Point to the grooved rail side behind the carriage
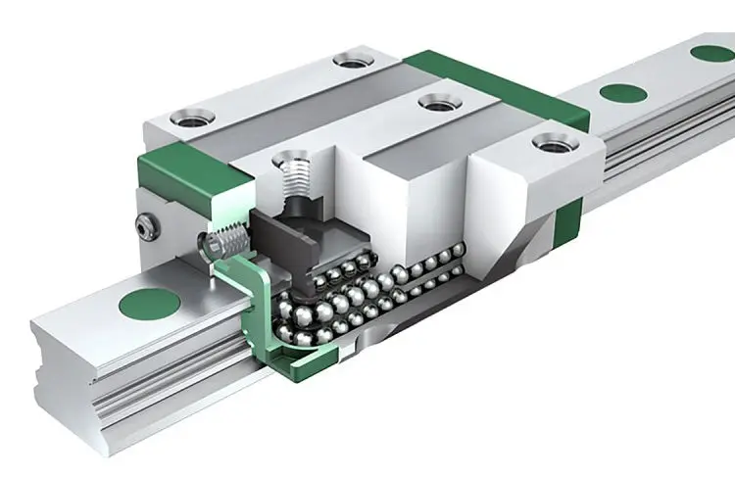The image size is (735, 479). (666, 147)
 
